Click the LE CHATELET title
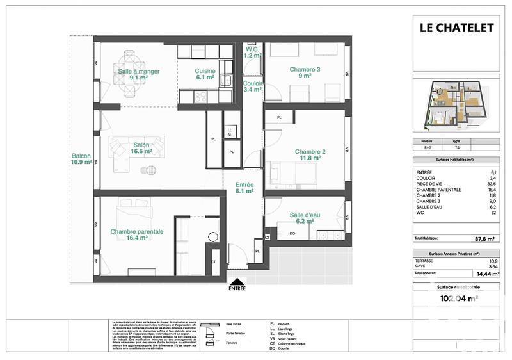point(456,28)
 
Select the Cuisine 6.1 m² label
point(205,74)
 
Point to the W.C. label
point(253,52)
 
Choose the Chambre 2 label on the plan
point(310,155)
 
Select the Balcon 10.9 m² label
point(81,160)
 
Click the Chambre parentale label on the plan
point(137,234)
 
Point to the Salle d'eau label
point(305,218)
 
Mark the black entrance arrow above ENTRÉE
point(237,281)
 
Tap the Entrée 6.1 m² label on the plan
point(244,187)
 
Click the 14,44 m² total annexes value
point(485,274)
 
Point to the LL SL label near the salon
point(229,133)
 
